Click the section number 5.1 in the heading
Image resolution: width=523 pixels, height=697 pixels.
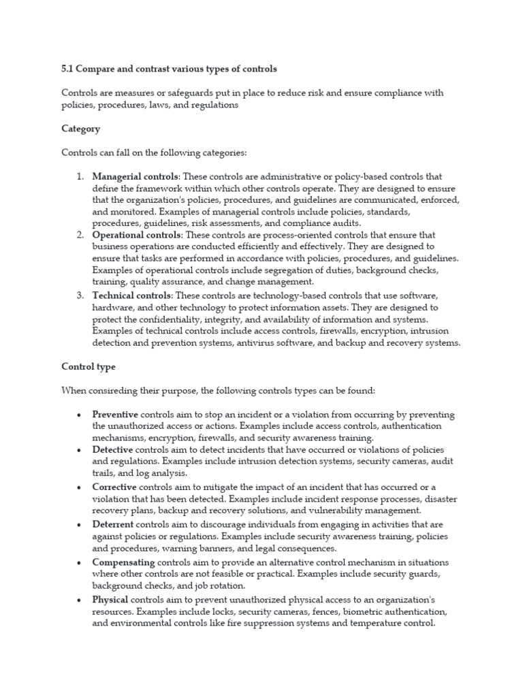point(68,69)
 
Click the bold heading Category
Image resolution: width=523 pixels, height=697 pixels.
point(80,128)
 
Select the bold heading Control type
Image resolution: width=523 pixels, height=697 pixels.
point(88,366)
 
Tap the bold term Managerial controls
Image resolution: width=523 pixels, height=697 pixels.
point(136,177)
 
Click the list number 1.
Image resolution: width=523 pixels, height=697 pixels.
point(80,177)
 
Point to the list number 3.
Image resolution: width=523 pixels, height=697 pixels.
point(80,295)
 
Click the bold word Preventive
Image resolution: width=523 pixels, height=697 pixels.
point(115,415)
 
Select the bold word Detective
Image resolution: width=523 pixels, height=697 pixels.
point(113,451)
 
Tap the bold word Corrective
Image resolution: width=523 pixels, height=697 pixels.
point(114,487)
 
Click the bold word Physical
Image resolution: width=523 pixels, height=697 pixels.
point(110,599)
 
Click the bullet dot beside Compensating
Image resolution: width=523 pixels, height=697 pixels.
point(80,562)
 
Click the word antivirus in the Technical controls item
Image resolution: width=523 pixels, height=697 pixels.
point(258,343)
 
